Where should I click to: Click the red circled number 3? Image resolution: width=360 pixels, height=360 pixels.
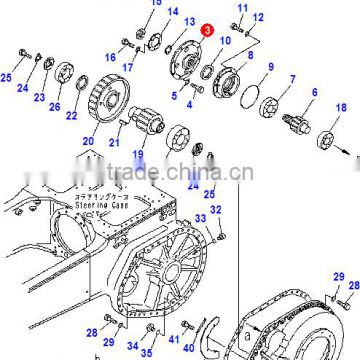click(x=206, y=32)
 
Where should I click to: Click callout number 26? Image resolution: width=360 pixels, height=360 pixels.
click(x=55, y=108)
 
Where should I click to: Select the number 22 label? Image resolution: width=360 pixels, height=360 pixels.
click(x=71, y=116)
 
